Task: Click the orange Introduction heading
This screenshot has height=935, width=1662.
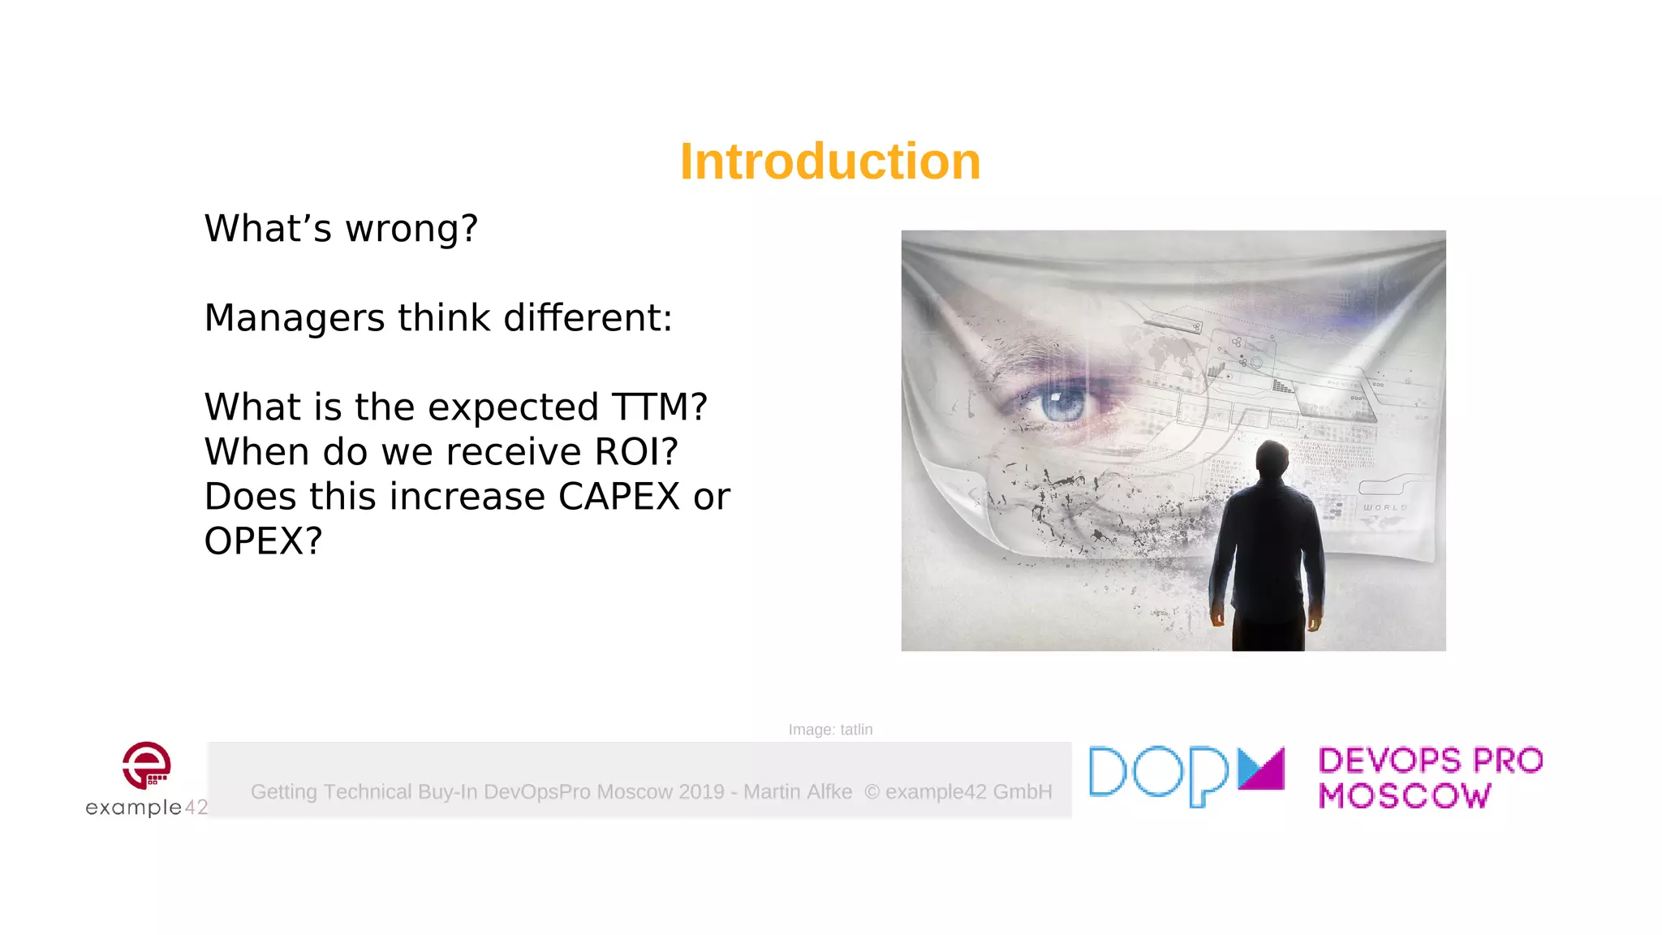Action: point(830,161)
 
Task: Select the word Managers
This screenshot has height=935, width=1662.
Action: point(294,318)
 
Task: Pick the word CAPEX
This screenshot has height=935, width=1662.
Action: point(618,497)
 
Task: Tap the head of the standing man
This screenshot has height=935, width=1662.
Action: point(1272,460)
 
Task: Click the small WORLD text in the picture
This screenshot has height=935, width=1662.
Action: point(1384,507)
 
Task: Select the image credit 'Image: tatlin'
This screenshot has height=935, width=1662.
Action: point(830,730)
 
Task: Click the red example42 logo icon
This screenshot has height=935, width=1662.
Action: point(147,765)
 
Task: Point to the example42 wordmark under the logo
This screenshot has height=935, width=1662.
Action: point(147,808)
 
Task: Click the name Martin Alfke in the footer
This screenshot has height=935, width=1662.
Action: point(798,792)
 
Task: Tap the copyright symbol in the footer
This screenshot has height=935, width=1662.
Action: point(872,792)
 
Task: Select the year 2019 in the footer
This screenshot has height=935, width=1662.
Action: point(701,792)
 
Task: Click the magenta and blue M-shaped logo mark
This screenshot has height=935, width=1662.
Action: point(1261,769)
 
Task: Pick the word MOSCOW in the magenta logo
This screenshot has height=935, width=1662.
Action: point(1405,796)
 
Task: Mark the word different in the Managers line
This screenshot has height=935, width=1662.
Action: point(588,318)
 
